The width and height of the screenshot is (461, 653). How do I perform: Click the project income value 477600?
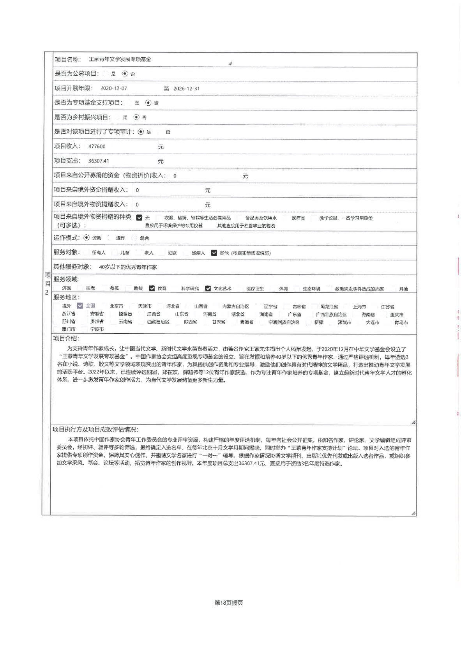coord(97,147)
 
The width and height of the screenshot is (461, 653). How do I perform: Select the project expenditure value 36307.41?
coord(99,161)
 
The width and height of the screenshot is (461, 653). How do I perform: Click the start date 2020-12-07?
coord(113,88)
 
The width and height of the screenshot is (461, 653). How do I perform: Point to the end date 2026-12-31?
coord(186,88)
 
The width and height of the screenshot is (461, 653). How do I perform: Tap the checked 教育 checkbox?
coord(152,288)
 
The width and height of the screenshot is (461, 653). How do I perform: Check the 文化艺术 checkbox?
coord(208,288)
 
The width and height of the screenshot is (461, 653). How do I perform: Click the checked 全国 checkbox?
coord(80,306)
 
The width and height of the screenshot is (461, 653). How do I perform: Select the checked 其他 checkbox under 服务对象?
coord(214,253)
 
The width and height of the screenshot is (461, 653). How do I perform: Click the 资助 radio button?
coord(87,238)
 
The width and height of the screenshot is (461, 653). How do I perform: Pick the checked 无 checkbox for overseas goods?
coord(139,218)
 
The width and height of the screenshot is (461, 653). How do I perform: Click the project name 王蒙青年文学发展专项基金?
coord(120,59)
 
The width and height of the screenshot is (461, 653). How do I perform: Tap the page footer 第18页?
coord(229,603)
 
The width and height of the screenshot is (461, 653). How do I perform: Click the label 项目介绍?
coord(65,338)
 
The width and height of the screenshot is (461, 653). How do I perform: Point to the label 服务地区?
coord(66,297)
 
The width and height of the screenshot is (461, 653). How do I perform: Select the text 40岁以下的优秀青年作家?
coord(128,267)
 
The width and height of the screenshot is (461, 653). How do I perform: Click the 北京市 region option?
coord(116,306)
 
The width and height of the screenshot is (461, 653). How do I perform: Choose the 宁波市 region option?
coord(97,329)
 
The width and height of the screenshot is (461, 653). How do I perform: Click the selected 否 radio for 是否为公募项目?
coord(125,74)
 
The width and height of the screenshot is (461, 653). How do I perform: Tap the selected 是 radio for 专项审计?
coord(141,132)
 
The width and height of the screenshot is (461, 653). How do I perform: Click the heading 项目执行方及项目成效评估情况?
coord(95,430)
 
